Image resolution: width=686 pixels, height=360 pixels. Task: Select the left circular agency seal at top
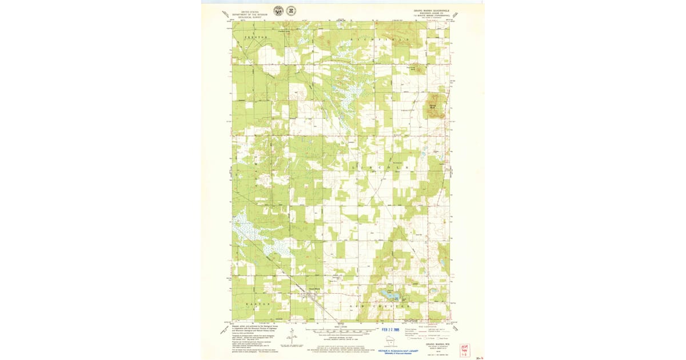coord(278,11)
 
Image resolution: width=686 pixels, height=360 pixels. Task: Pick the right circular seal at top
coord(292,11)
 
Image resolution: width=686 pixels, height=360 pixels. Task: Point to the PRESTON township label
coord(256,37)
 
